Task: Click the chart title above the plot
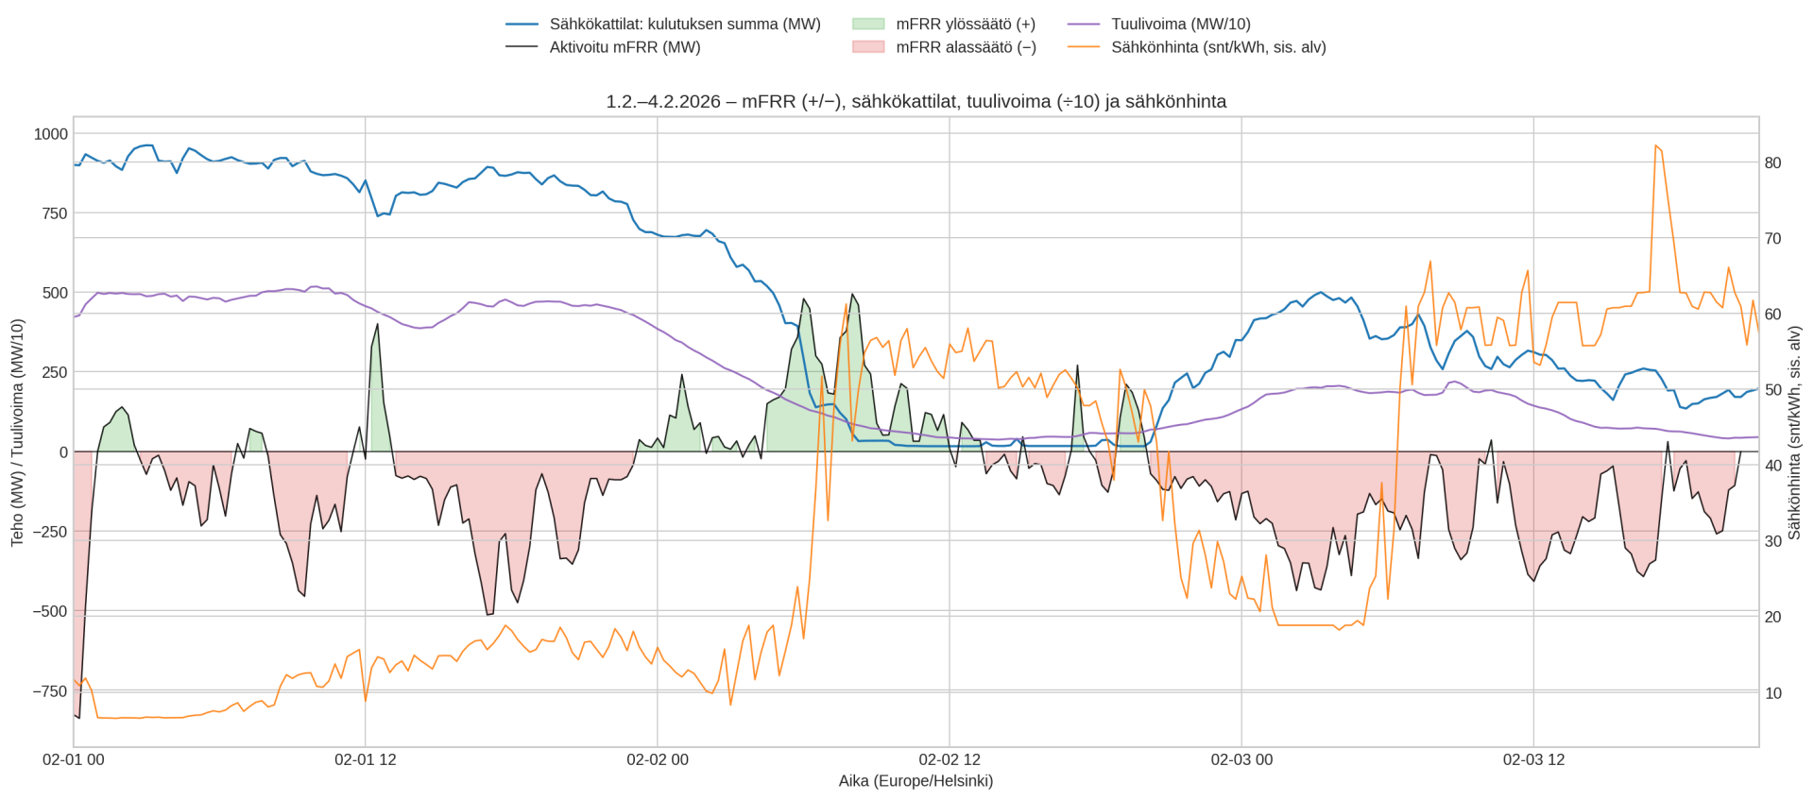pyautogui.click(x=916, y=101)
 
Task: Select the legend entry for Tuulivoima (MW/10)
pyautogui.click(x=1180, y=25)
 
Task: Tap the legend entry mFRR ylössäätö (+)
pyautogui.click(x=965, y=25)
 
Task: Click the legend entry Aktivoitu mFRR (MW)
pyautogui.click(x=625, y=47)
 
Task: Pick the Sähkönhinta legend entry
pyautogui.click(x=1218, y=47)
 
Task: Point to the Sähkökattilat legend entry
pyautogui.click(x=684, y=25)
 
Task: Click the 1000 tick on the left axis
pyautogui.click(x=51, y=134)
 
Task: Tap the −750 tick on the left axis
pyautogui.click(x=47, y=691)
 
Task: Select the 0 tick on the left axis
pyautogui.click(x=63, y=452)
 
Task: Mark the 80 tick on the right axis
pyautogui.click(x=1772, y=163)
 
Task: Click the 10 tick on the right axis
pyautogui.click(x=1772, y=693)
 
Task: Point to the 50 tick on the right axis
pyautogui.click(x=1772, y=390)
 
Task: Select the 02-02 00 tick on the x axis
pyautogui.click(x=658, y=759)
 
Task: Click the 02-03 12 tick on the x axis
pyautogui.click(x=1533, y=759)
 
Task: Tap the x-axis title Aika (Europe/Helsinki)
pyautogui.click(x=916, y=781)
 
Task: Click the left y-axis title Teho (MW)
pyautogui.click(x=17, y=432)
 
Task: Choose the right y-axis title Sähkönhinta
pyautogui.click(x=1794, y=432)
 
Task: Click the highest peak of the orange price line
pyautogui.click(x=1655, y=145)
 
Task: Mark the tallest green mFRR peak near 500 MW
pyautogui.click(x=852, y=294)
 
